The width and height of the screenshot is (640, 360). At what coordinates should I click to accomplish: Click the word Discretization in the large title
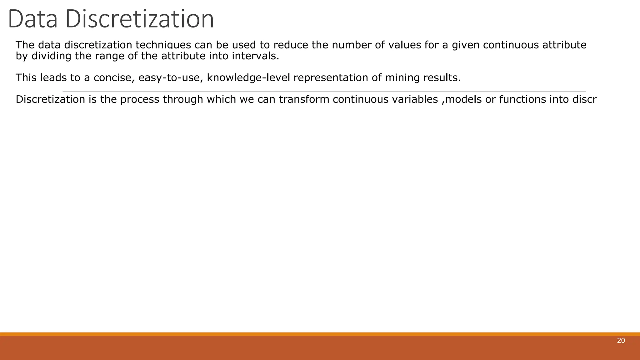[139, 19]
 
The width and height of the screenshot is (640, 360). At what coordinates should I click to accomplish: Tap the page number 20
[621, 341]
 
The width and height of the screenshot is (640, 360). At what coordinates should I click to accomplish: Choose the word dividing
[52, 56]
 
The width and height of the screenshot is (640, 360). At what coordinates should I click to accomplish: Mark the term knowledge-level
[248, 77]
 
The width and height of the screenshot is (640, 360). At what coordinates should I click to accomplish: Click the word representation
[331, 77]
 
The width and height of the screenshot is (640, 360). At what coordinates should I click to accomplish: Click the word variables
[407, 99]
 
